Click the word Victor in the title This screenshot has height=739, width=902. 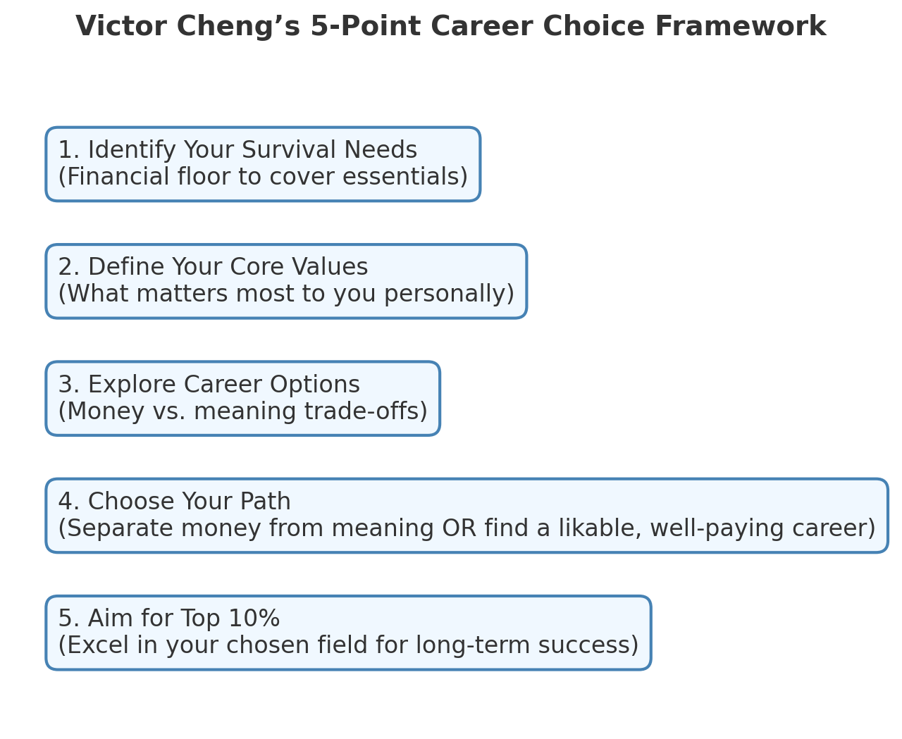coord(121,27)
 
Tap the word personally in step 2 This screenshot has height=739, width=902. coord(445,294)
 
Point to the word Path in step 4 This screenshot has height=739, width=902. coord(265,502)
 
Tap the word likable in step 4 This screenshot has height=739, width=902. coord(600,528)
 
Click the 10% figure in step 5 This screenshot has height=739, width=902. coord(254,619)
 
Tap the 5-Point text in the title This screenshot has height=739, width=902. coord(366,27)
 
